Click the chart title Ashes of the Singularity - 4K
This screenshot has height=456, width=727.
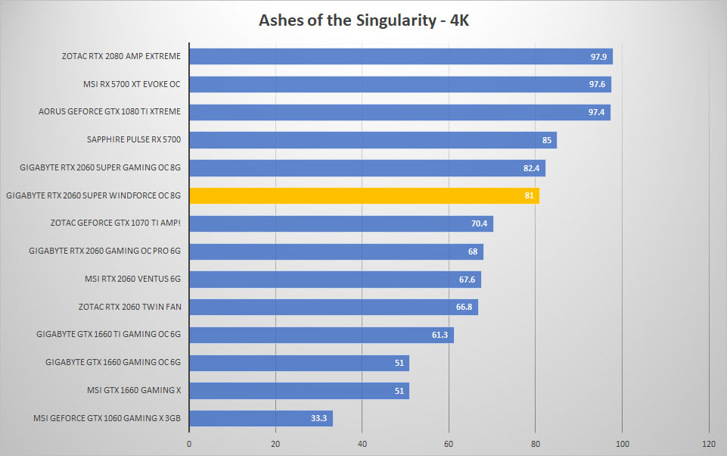[x=363, y=20]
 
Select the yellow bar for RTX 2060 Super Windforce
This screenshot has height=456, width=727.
[x=365, y=195]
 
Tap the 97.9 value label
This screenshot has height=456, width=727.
[x=598, y=57]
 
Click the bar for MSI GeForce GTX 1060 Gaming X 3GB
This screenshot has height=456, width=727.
[x=261, y=418]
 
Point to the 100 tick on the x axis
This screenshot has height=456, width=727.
[x=622, y=444]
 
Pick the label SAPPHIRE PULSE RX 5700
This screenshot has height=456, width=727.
[x=134, y=139]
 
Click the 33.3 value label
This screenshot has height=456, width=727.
[x=318, y=418]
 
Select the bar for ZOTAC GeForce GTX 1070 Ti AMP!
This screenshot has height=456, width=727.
[x=341, y=223]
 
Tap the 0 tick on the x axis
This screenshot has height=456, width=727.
[x=189, y=444]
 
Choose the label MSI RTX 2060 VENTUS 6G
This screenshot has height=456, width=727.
[x=132, y=279]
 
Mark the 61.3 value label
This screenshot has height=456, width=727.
[x=440, y=335]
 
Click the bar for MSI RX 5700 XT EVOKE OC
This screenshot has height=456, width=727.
[x=400, y=85]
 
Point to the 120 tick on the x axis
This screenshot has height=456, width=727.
[x=709, y=444]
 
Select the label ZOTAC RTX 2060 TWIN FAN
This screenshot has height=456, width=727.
[x=130, y=307]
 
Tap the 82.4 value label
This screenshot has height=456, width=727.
[x=531, y=168]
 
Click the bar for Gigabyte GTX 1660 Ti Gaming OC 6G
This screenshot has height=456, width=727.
[x=322, y=335]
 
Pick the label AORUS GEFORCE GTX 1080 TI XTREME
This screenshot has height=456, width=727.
[x=110, y=111]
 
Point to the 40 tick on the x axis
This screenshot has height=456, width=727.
[x=362, y=444]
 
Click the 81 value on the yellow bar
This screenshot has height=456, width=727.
[x=529, y=195]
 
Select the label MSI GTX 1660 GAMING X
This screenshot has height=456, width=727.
[x=134, y=391]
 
